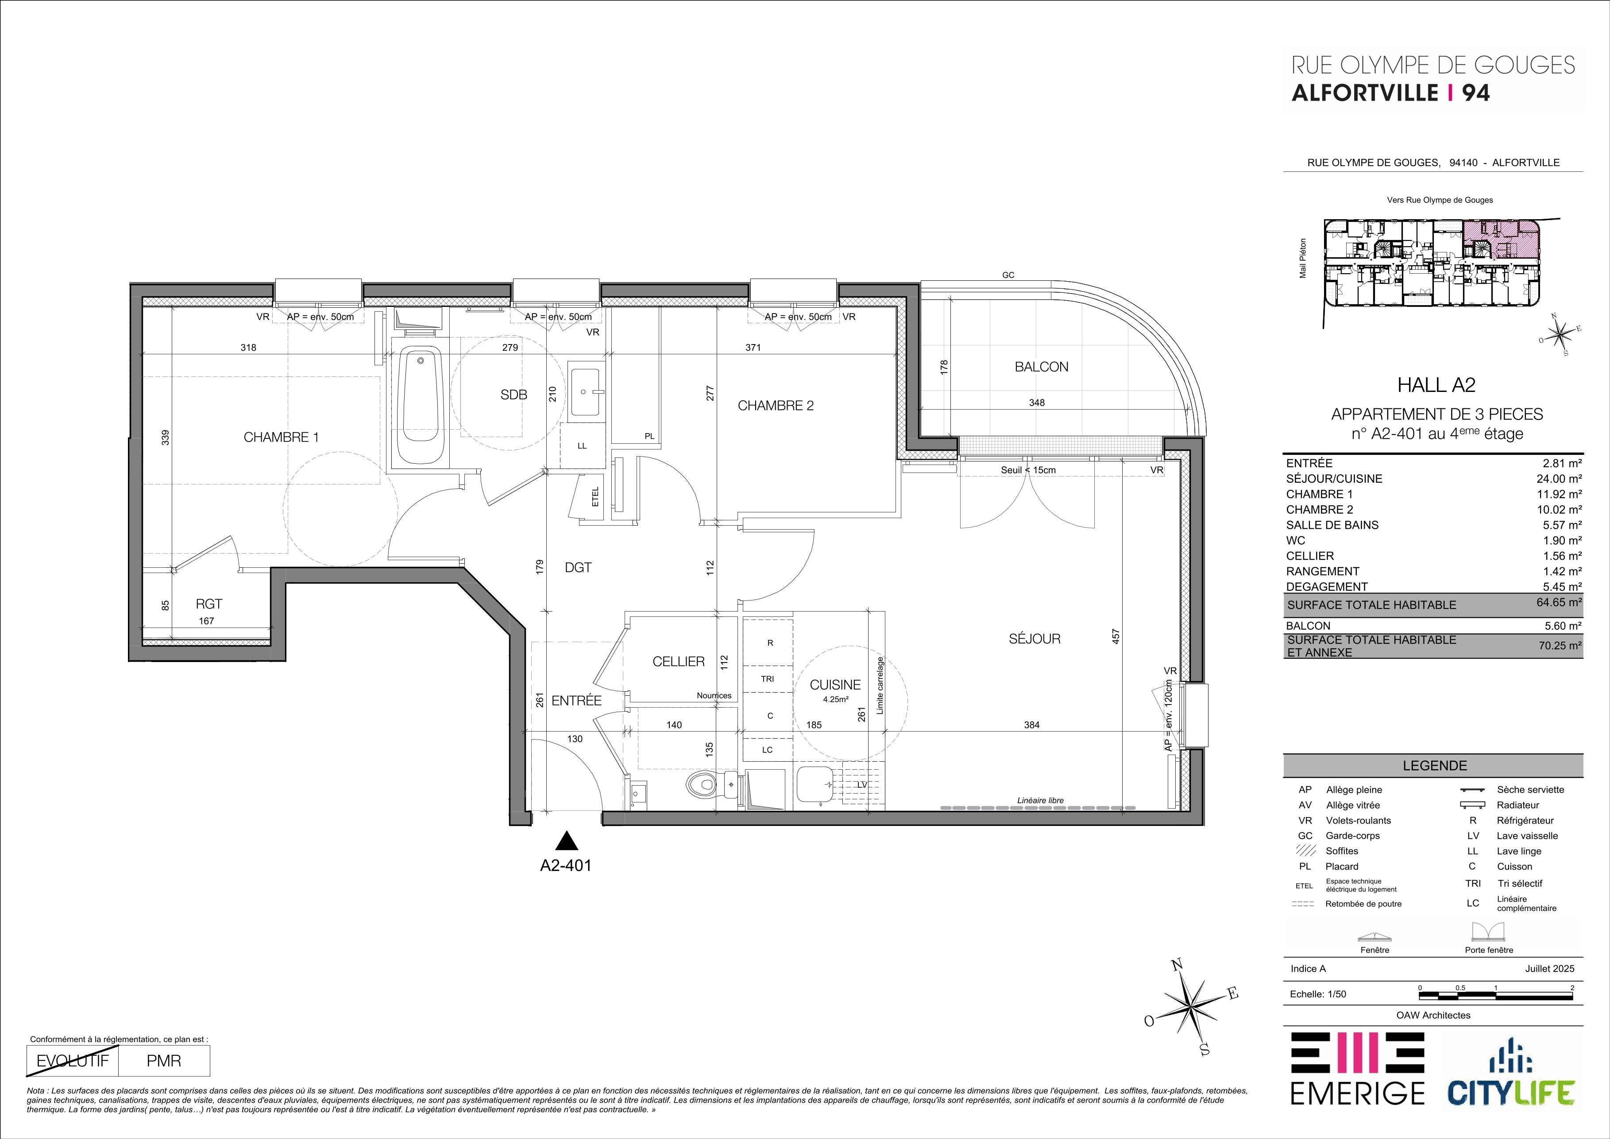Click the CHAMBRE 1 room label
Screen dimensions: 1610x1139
tap(281, 438)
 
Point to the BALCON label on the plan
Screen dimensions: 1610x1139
tap(1041, 367)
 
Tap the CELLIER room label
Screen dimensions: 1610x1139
tap(678, 661)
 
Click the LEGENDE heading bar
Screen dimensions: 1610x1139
tap(1433, 766)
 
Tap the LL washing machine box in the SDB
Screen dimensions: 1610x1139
tap(582, 446)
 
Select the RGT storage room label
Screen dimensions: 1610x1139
tap(209, 604)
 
